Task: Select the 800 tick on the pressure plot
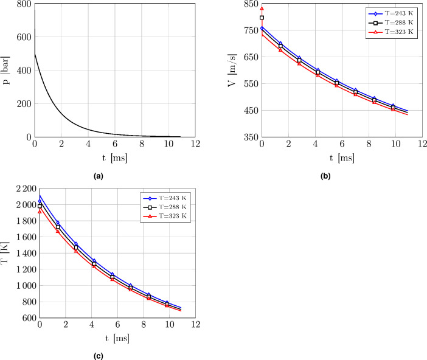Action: (x=24, y=4)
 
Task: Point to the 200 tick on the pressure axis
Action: (x=24, y=104)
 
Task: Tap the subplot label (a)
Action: (x=115, y=176)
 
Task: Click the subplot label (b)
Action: (x=342, y=176)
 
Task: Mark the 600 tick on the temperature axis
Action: (x=26, y=318)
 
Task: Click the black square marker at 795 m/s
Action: (x=262, y=18)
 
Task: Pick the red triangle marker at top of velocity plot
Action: (x=262, y=9)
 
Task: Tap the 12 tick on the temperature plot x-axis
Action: (x=195, y=325)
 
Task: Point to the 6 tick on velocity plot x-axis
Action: (x=342, y=144)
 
